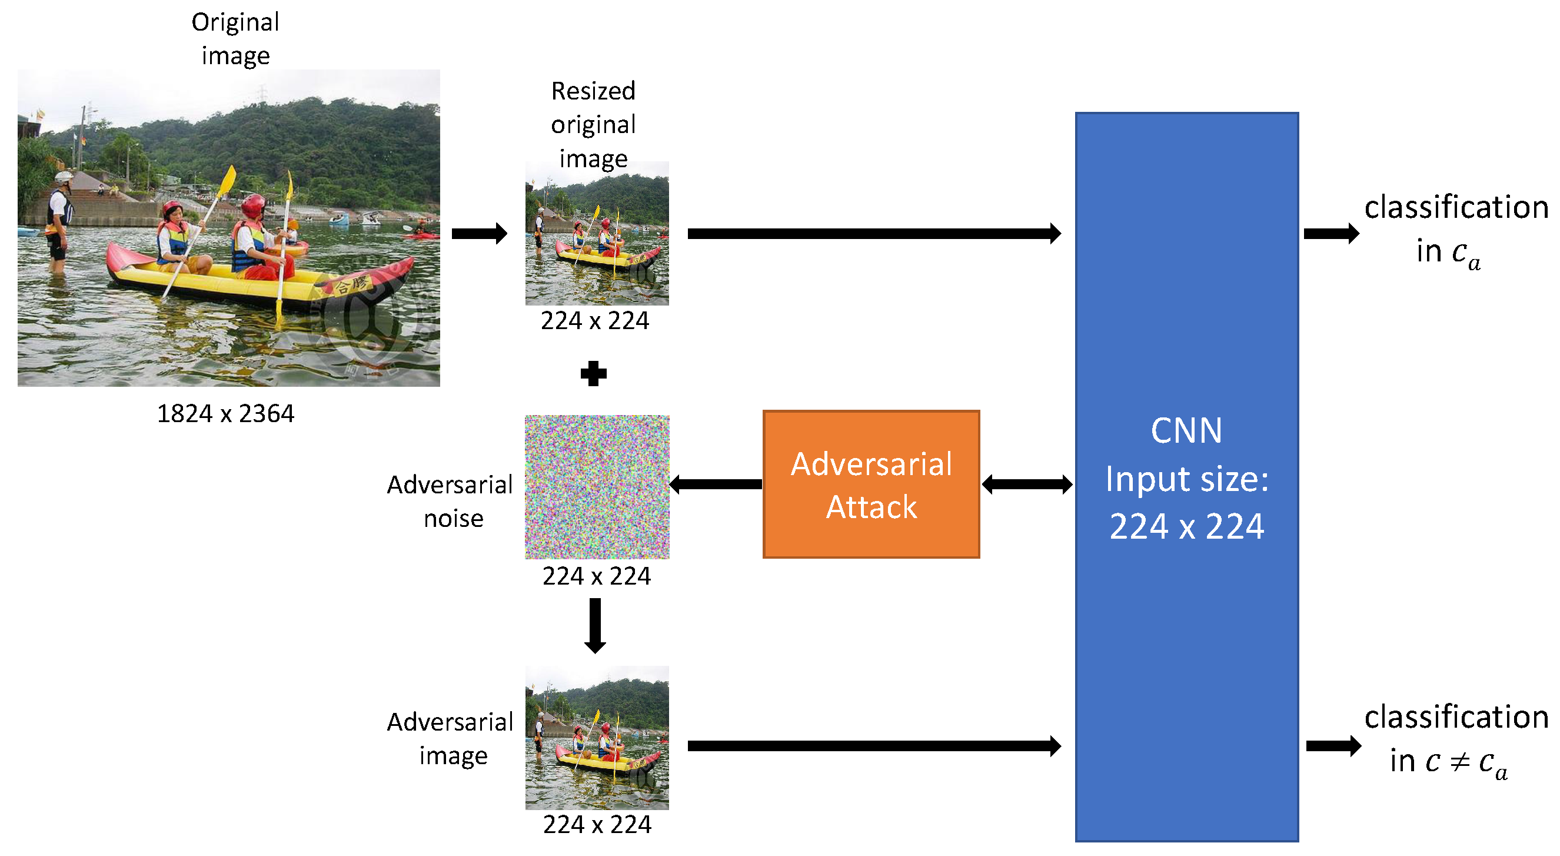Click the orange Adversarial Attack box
click(871, 484)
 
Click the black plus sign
click(594, 373)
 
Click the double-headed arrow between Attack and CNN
click(1027, 484)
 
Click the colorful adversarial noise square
click(597, 486)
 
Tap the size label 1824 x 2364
click(225, 414)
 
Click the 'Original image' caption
click(235, 38)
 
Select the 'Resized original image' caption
click(593, 124)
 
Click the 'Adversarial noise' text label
click(451, 501)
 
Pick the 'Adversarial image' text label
click(451, 738)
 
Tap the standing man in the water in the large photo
click(59, 221)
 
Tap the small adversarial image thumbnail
click(597, 737)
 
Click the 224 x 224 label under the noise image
click(597, 576)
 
